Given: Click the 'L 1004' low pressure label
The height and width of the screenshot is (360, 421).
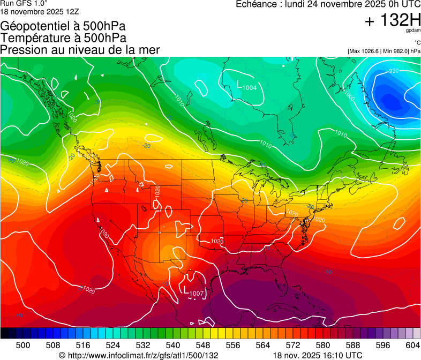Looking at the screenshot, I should (247, 86).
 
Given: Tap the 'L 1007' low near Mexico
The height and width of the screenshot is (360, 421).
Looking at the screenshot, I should (194, 292).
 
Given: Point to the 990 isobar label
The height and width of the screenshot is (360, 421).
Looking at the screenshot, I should (394, 71).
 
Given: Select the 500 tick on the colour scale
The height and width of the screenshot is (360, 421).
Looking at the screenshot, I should (23, 345).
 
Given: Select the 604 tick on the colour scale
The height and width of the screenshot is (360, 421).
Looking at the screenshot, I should (413, 345).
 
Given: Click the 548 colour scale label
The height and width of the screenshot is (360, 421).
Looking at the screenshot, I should (203, 345).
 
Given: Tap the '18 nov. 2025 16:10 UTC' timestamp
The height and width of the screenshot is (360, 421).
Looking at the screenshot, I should (317, 355).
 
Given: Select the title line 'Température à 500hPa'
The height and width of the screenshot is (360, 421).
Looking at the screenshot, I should (63, 38).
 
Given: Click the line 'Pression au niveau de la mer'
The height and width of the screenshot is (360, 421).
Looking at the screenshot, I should (80, 50).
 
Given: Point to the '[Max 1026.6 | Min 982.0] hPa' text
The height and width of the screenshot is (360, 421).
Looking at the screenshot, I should (384, 51).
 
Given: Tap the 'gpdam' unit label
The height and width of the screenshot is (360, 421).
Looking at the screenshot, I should (412, 31).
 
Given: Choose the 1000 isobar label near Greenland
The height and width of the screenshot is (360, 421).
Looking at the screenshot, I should (350, 96).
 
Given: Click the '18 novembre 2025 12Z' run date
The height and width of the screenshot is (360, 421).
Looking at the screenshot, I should (40, 11).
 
